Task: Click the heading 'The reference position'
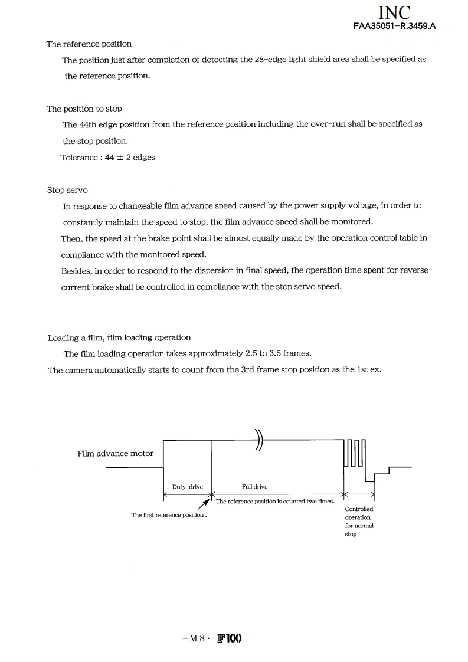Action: click(x=89, y=44)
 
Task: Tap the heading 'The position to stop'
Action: click(x=84, y=109)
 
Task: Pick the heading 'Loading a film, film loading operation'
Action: click(x=119, y=337)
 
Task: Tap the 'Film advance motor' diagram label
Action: click(x=115, y=454)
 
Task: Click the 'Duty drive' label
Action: click(x=187, y=487)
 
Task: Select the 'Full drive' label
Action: click(x=254, y=487)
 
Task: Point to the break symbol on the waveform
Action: click(x=259, y=439)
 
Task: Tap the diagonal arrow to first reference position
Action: click(x=204, y=504)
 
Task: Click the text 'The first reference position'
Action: click(x=168, y=515)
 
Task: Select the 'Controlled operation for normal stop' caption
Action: click(x=359, y=521)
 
